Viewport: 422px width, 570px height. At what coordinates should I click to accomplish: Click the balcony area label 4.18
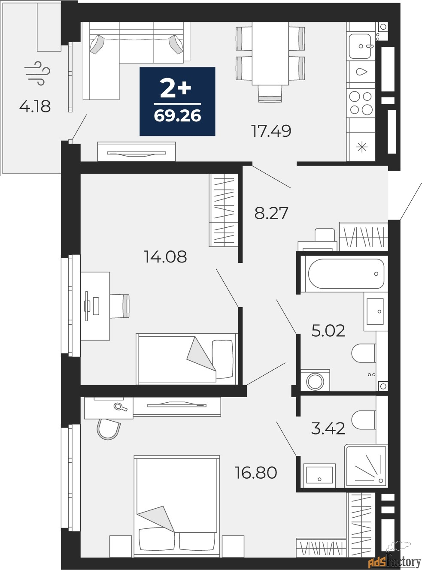[35, 106]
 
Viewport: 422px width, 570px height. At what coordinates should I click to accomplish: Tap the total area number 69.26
[177, 116]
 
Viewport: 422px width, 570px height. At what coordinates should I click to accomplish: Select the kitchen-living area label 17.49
[271, 131]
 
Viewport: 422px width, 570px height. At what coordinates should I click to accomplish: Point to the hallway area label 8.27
[271, 213]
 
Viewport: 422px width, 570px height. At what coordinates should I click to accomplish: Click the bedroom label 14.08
[165, 256]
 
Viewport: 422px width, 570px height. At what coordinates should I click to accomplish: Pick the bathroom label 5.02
[328, 331]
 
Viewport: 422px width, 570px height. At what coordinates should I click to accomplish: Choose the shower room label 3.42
[328, 428]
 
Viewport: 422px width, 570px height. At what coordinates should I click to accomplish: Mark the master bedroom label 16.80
[256, 472]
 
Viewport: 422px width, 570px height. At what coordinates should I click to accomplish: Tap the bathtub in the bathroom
[346, 274]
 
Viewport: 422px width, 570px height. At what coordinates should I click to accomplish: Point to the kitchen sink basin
[360, 46]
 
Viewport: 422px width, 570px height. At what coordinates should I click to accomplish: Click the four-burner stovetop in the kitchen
[361, 103]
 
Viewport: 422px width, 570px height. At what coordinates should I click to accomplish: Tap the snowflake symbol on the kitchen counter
[362, 147]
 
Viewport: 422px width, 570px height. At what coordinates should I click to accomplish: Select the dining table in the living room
[270, 54]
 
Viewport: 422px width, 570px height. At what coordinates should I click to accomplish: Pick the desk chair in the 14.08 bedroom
[120, 306]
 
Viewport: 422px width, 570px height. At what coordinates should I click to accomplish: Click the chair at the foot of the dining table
[270, 94]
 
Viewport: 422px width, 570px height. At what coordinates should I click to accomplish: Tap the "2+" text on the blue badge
[176, 88]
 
